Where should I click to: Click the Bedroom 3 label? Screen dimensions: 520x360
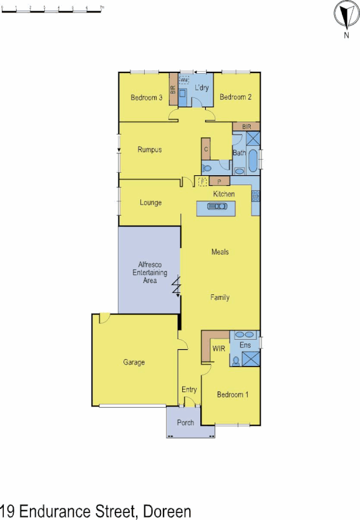tap(147, 98)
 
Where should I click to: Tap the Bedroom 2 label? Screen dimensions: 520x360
tap(235, 97)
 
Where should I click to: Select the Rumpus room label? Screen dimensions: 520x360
tap(150, 150)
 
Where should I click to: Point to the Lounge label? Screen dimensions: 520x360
tap(150, 203)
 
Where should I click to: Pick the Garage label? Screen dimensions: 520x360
tap(134, 362)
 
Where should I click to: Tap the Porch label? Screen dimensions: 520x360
tap(185, 423)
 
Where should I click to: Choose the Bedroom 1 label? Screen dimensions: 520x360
tap(233, 395)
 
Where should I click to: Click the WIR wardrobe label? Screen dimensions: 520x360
tap(218, 349)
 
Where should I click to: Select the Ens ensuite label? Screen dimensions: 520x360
tap(245, 345)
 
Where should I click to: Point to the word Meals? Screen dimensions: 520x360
tap(220, 252)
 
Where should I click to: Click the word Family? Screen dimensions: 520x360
tap(220, 297)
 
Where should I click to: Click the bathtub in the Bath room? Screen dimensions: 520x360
tap(252, 161)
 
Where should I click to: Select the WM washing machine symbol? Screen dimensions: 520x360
tap(184, 81)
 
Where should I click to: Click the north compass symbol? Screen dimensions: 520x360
tap(346, 15)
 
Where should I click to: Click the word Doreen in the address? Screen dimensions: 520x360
tap(167, 512)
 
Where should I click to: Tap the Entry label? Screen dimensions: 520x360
tap(189, 390)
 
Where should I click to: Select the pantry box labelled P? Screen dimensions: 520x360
tap(220, 181)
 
